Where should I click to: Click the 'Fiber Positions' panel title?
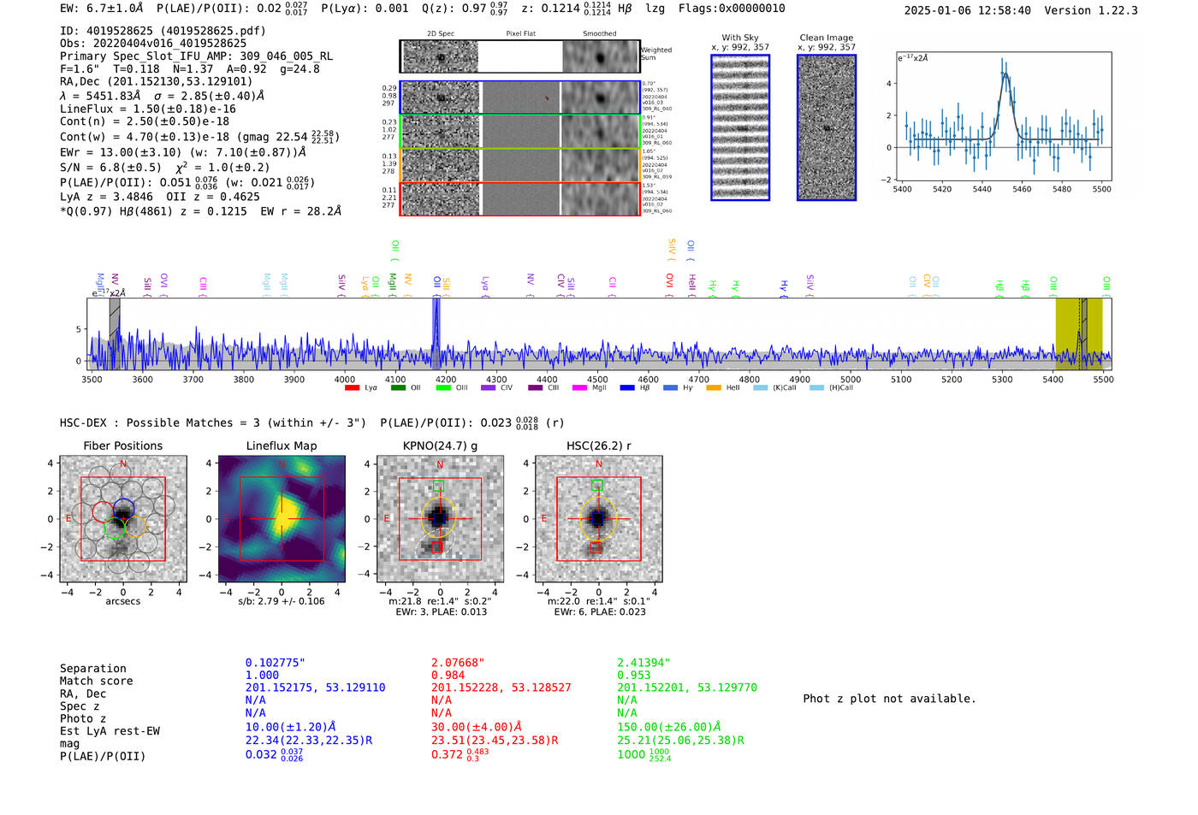pos(122,446)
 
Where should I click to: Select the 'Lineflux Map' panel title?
pos(281,446)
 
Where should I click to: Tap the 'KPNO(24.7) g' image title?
pos(440,446)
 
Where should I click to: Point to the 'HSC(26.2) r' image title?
pos(598,446)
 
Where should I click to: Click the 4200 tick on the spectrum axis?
pos(445,379)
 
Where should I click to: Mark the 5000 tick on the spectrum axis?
pos(850,379)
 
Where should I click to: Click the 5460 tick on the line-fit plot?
pos(1022,189)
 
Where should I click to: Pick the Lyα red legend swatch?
pos(352,388)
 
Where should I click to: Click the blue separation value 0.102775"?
pos(275,663)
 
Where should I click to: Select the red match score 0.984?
pos(448,676)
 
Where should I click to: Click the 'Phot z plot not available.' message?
pos(889,699)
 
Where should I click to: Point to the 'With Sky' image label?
pos(740,38)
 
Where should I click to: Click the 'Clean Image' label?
pos(826,38)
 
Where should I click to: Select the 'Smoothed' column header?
pos(599,34)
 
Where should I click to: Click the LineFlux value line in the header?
pos(147,109)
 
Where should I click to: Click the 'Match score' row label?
pos(96,681)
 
